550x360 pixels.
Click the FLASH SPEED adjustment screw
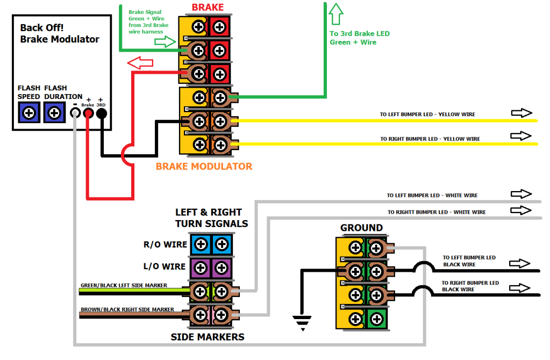(30, 113)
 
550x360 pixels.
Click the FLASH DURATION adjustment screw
(54, 113)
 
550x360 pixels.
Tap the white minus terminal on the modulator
(75, 113)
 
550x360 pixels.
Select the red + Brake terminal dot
(88, 113)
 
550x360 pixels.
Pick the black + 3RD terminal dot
(101, 113)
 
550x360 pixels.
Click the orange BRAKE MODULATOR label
(204, 166)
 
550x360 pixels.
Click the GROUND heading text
(361, 228)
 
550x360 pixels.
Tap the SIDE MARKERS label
(208, 337)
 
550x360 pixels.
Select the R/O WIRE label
(165, 245)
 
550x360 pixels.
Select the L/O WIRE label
(166, 267)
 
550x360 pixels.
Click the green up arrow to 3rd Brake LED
(337, 13)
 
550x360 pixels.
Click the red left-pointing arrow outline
(139, 63)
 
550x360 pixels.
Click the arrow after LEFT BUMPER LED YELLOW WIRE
(520, 113)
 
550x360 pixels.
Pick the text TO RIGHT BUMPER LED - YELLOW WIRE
(430, 139)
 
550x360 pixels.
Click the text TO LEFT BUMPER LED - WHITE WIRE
(432, 195)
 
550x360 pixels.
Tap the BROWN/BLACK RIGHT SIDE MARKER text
(127, 309)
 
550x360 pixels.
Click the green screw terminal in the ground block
(376, 319)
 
